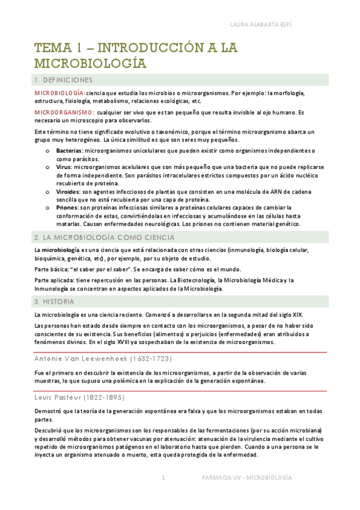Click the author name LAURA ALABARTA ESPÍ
[x=293, y=25]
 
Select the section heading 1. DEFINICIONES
[x=63, y=80]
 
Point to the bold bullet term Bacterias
[x=70, y=150]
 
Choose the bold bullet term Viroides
[x=70, y=191]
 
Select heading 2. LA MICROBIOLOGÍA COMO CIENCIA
[x=104, y=238]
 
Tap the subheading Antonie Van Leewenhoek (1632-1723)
[x=103, y=359]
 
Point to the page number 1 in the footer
[x=163, y=478]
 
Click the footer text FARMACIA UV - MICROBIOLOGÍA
[x=246, y=478]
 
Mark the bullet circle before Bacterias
[x=47, y=150]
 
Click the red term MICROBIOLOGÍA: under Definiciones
[x=59, y=93]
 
